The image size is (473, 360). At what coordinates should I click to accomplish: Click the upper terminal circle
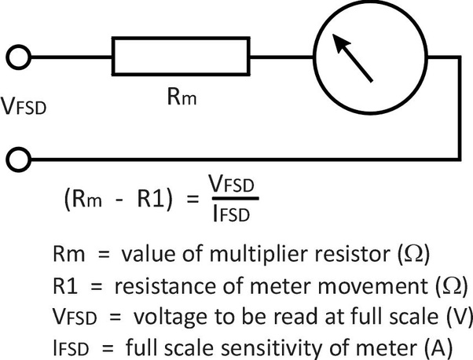pos(20,58)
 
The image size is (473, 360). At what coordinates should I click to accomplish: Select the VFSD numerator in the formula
pos(233,183)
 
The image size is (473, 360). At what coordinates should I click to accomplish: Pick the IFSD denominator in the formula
pos(233,211)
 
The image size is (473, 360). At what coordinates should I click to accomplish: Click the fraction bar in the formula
pos(233,197)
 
